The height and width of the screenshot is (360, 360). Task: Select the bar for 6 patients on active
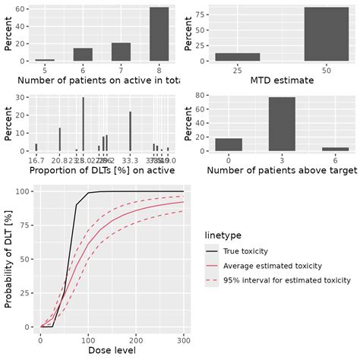click(x=83, y=55)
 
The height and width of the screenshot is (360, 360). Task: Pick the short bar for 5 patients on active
click(x=45, y=60)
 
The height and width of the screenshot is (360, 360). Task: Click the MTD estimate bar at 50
click(x=326, y=34)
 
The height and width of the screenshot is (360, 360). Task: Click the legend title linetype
click(x=224, y=235)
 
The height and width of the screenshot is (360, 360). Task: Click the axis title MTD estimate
click(x=282, y=82)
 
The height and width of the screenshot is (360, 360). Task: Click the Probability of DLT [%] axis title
click(x=9, y=258)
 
